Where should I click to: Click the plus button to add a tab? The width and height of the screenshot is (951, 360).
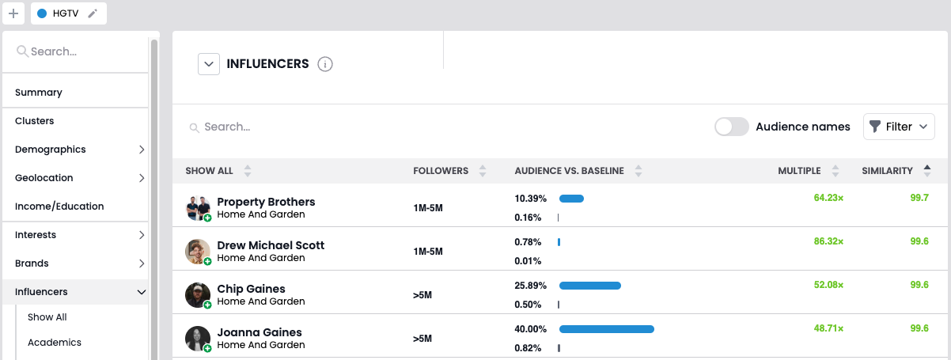click(13, 13)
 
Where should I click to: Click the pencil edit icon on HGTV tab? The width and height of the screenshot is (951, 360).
click(93, 13)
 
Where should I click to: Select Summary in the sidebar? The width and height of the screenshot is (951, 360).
click(39, 93)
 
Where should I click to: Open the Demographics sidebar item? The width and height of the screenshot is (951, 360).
click(51, 150)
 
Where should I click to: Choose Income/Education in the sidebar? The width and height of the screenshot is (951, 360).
click(59, 207)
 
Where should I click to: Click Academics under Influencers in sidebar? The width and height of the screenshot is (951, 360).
click(55, 343)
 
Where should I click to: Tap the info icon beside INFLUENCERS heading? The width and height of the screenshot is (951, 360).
click(324, 64)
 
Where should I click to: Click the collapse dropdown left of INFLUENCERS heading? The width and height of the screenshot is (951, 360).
click(208, 64)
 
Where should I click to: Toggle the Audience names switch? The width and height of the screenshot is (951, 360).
click(731, 127)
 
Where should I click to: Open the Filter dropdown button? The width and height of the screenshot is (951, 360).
click(899, 127)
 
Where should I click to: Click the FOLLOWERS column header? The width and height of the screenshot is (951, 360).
click(441, 171)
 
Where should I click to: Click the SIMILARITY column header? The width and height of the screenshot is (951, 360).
click(887, 171)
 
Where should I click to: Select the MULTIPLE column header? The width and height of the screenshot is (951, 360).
click(799, 171)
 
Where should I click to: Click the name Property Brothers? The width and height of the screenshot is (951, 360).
click(266, 202)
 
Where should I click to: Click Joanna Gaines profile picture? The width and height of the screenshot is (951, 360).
click(197, 338)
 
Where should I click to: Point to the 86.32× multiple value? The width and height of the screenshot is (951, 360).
click(828, 241)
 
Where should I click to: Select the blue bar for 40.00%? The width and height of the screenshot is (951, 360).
click(606, 329)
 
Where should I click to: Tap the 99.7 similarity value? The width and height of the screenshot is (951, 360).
click(919, 198)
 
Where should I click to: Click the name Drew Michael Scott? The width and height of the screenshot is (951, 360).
click(271, 245)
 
